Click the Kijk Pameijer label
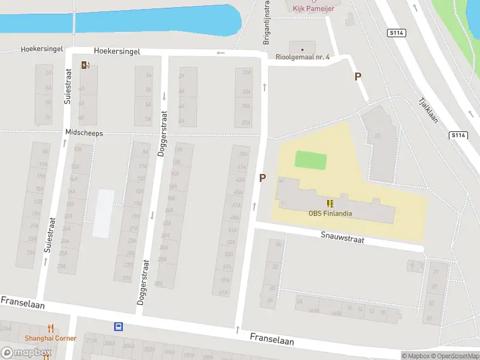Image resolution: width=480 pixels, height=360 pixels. pyautogui.click(x=313, y=8)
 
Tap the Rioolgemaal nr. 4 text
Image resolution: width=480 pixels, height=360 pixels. pyautogui.click(x=303, y=58)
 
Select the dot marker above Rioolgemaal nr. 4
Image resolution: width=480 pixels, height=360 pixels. pyautogui.click(x=302, y=49)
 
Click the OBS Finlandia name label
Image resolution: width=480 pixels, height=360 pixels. pyautogui.click(x=330, y=213)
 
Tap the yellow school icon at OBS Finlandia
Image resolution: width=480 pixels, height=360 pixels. pyautogui.click(x=330, y=203)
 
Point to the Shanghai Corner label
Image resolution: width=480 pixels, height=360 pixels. pyautogui.click(x=50, y=338)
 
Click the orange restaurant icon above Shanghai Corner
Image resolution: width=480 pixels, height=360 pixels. pyautogui.click(x=50, y=328)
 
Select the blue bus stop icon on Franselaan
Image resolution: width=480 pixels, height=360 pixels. pyautogui.click(x=119, y=327)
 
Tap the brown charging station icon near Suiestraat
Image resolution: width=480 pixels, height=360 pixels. pyautogui.click(x=86, y=65)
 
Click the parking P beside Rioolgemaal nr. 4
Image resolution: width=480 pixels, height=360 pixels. pyautogui.click(x=358, y=76)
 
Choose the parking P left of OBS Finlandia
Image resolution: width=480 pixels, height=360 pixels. pyautogui.click(x=262, y=178)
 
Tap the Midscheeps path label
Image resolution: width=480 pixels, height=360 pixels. pyautogui.click(x=84, y=133)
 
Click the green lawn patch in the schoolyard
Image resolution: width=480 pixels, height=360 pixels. pyautogui.click(x=311, y=160)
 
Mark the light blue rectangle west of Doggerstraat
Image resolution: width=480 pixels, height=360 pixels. pyautogui.click(x=103, y=213)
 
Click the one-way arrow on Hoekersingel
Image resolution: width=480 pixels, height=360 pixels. pyautogui.click(x=221, y=53)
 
